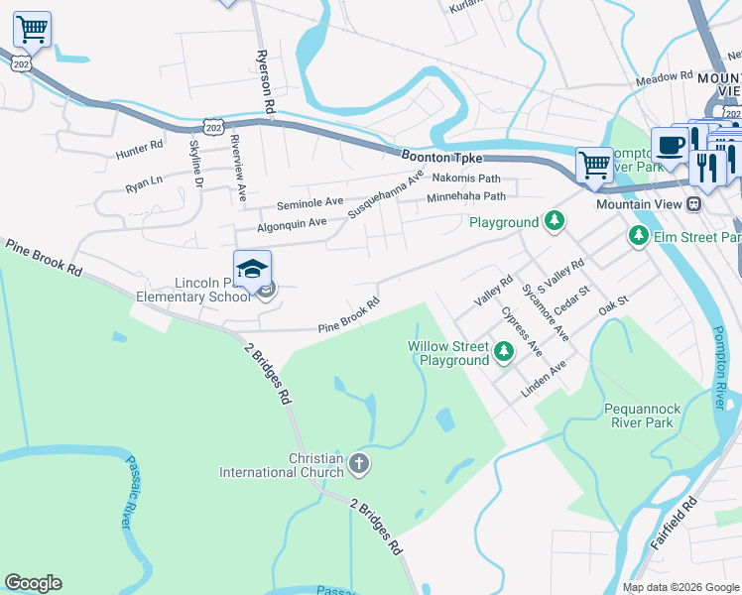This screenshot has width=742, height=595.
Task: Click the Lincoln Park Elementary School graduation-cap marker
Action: tap(253, 269)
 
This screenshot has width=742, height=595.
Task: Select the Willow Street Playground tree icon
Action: tap(504, 350)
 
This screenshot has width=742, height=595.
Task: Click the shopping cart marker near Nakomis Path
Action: tap(594, 164)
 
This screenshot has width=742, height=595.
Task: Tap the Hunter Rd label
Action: tap(139, 147)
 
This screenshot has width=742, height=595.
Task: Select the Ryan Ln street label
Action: tap(143, 182)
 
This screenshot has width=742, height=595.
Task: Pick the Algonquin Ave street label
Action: tap(292, 224)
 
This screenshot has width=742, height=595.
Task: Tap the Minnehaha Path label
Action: tap(466, 197)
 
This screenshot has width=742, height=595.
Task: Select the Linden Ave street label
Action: tap(544, 379)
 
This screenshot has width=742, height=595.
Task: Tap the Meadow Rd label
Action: tap(664, 76)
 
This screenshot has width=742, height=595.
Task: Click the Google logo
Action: tap(33, 583)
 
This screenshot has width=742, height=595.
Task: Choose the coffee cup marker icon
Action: tap(670, 145)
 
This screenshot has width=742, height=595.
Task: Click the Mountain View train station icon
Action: tap(694, 203)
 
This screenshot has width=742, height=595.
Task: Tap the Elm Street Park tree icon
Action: tap(638, 236)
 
